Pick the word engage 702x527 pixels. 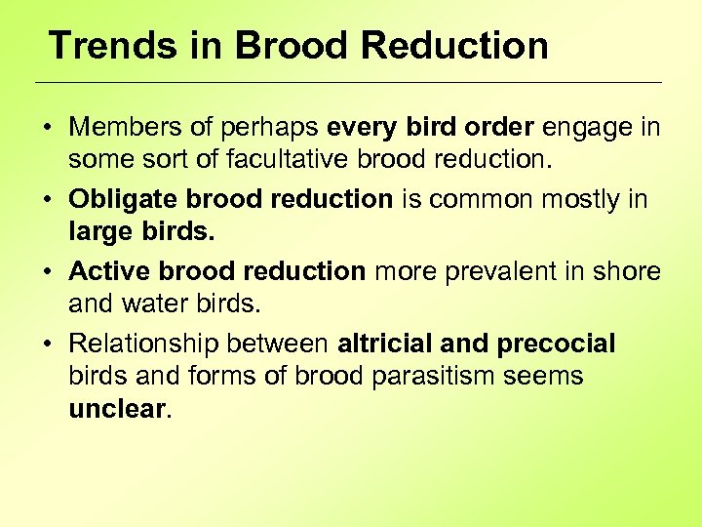coord(589,127)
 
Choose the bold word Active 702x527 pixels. coord(107,271)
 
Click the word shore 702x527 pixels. coord(630,271)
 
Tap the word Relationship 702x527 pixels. coord(143,344)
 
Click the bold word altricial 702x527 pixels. coord(384,344)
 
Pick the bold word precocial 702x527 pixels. coord(557,344)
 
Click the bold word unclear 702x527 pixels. coord(117,408)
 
